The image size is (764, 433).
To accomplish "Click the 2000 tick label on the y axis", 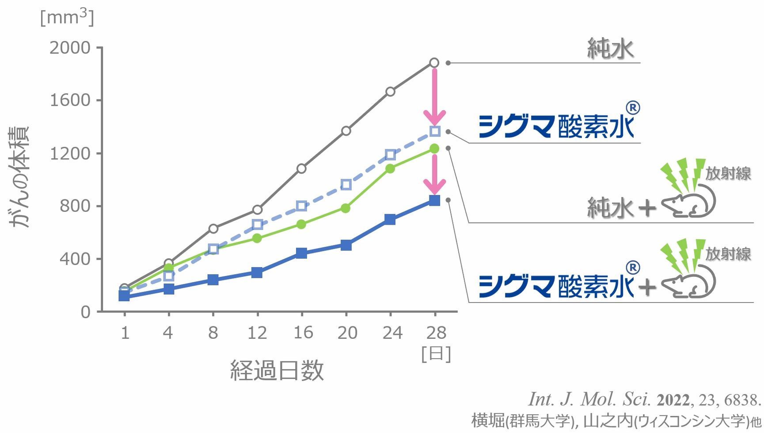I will point(69,48).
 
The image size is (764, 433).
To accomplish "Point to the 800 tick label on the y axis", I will point(75,206).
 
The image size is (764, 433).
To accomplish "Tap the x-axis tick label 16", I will point(303,333).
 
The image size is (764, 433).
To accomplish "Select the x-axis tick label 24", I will point(392,333).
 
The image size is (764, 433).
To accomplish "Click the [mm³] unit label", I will point(67,18).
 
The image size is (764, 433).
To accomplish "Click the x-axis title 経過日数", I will point(277,370).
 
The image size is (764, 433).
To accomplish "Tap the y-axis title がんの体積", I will point(19,177).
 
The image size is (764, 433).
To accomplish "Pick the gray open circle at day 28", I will point(434,63).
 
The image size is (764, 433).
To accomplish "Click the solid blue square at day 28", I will point(434,201).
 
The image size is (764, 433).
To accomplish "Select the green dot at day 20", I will point(346,208).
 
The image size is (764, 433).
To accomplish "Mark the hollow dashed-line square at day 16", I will point(301,206).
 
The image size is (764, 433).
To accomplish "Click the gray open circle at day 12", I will point(257,210).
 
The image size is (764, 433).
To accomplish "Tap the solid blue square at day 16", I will point(301,253).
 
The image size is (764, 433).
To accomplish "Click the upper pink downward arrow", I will point(434,97).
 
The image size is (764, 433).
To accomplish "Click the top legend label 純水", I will point(610,49).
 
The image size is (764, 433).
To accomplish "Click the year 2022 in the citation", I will point(673,400).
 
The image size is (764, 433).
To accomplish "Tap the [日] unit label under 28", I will point(436,354).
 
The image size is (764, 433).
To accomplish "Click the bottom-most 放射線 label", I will point(728,254).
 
